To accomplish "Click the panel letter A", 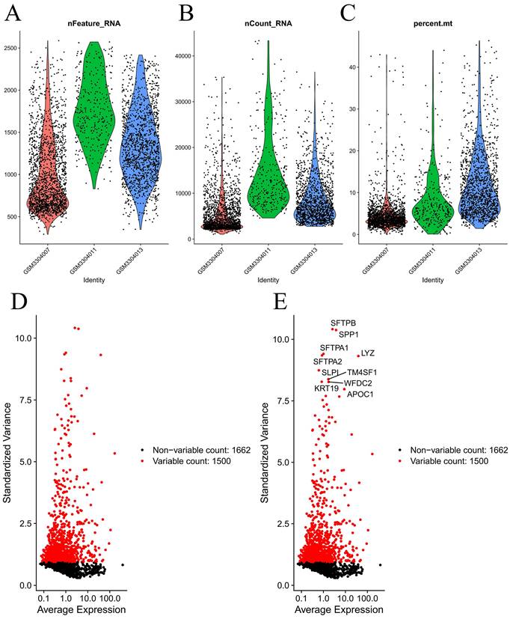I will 13,13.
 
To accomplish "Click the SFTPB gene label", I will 344,323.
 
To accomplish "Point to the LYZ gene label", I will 368,353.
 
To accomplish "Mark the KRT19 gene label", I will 326,388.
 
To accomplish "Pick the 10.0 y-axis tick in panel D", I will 22,338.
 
